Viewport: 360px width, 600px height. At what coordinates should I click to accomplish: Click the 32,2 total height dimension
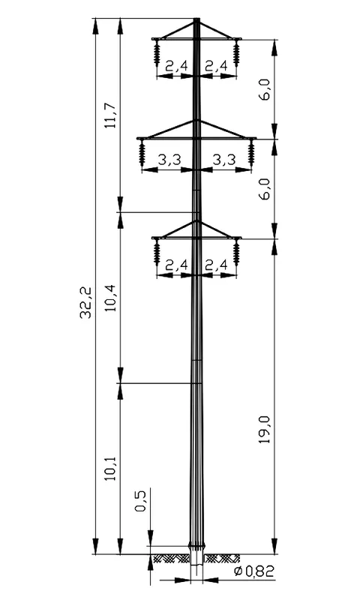(85, 302)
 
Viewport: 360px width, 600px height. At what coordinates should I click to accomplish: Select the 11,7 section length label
(111, 116)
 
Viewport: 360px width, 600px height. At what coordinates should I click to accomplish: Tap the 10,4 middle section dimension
(111, 297)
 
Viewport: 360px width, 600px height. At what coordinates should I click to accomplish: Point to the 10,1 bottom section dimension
(111, 468)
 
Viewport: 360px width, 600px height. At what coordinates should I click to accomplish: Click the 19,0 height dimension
(264, 429)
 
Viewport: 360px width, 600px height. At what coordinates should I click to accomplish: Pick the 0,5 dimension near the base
(140, 500)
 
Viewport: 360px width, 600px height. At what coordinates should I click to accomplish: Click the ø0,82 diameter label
(254, 571)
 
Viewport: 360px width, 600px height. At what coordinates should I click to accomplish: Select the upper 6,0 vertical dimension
(264, 89)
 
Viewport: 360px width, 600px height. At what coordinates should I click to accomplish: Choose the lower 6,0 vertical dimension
(264, 188)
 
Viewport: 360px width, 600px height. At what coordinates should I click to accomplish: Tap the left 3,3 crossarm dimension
(169, 160)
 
